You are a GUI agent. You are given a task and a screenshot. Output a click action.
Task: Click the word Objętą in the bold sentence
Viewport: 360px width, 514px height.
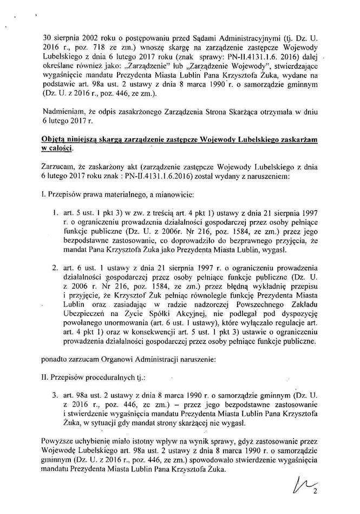point(54,139)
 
